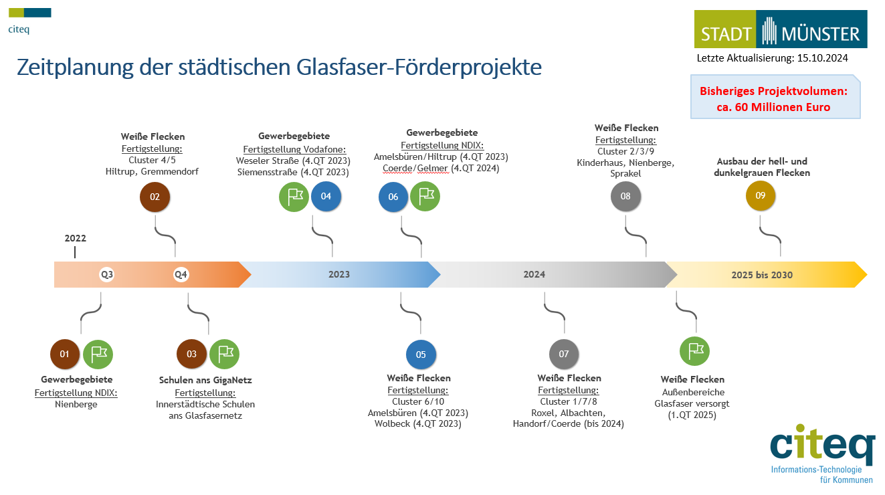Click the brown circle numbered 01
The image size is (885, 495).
click(65, 354)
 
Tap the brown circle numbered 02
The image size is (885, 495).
click(155, 197)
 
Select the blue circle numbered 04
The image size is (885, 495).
click(326, 197)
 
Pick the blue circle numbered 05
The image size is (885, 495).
click(421, 355)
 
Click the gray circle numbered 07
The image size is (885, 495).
click(564, 354)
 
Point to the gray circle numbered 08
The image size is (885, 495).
click(626, 196)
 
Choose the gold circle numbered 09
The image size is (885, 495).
click(761, 195)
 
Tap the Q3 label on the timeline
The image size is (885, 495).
click(106, 274)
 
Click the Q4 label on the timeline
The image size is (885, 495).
click(181, 274)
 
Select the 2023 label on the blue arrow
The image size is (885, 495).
click(339, 274)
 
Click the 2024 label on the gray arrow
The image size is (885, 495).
click(534, 274)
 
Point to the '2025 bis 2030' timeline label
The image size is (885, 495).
click(762, 275)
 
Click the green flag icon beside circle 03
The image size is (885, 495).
click(224, 354)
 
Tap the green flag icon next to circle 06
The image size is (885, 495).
click(425, 197)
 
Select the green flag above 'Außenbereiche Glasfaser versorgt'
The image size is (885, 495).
click(694, 351)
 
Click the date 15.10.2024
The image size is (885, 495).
click(823, 58)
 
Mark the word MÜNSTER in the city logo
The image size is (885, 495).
click(820, 34)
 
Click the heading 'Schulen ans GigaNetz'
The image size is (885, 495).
click(205, 380)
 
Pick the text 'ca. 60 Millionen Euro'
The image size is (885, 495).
click(773, 107)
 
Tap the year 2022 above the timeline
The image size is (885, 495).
click(76, 238)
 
